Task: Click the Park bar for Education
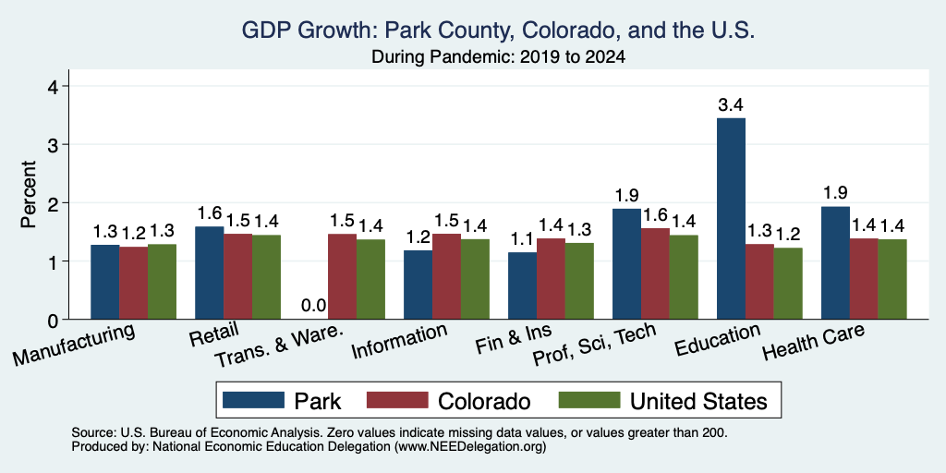tap(731, 218)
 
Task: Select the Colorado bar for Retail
tap(237, 276)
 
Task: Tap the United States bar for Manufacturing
tap(162, 282)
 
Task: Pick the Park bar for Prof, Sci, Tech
tap(626, 263)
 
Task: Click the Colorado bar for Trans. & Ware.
tap(342, 276)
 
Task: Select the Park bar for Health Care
tap(835, 263)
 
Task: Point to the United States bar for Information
tap(475, 279)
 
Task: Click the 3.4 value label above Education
tap(730, 105)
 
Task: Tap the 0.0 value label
tap(314, 306)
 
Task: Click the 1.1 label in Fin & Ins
tap(522, 239)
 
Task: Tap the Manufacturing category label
tap(74, 346)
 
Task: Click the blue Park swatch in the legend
tap(253, 400)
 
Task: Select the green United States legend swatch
tap(589, 400)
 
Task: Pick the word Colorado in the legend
tap(484, 401)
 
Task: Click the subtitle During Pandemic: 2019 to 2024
tap(498, 57)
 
